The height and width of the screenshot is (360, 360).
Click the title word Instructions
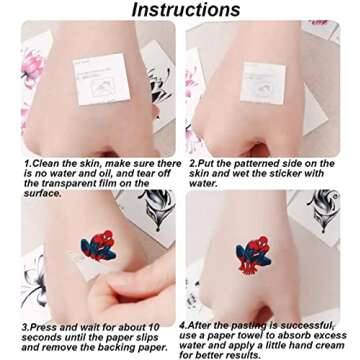coord(186,10)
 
